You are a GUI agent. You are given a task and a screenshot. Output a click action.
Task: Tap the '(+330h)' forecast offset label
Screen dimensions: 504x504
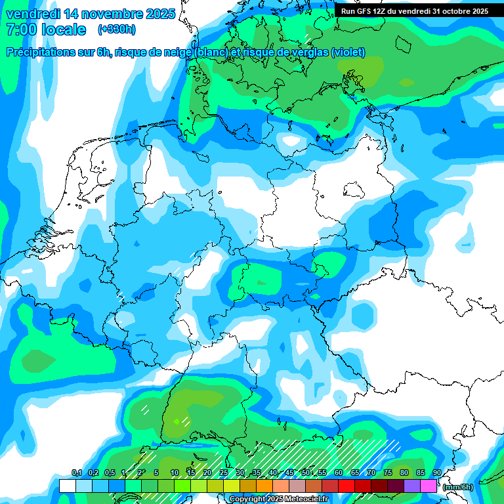(x=116, y=30)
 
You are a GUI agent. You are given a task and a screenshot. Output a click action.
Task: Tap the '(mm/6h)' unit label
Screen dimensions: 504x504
(x=458, y=486)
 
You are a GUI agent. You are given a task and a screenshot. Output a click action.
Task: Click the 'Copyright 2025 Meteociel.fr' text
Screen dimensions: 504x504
(x=279, y=499)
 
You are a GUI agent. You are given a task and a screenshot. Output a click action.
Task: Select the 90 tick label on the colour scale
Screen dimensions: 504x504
(x=437, y=473)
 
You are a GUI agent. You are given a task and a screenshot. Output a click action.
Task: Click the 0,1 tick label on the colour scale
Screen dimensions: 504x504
(x=76, y=473)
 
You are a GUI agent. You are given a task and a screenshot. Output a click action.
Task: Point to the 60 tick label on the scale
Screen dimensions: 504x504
(x=339, y=473)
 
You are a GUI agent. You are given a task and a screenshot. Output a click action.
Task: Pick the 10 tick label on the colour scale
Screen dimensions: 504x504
(x=175, y=473)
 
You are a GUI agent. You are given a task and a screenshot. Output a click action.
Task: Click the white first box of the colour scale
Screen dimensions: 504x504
(x=67, y=486)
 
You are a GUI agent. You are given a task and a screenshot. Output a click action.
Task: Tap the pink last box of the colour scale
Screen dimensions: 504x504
(x=429, y=486)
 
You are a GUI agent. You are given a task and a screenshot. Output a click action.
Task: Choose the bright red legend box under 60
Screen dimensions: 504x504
(x=346, y=486)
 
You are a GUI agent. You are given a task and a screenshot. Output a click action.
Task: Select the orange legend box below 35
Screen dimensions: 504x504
(x=264, y=486)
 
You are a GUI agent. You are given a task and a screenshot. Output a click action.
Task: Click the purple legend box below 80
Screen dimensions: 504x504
(x=412, y=486)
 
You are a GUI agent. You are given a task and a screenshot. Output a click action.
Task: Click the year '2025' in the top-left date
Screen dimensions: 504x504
(x=157, y=14)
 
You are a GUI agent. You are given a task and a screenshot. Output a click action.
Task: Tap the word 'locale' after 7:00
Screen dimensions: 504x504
(x=64, y=30)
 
